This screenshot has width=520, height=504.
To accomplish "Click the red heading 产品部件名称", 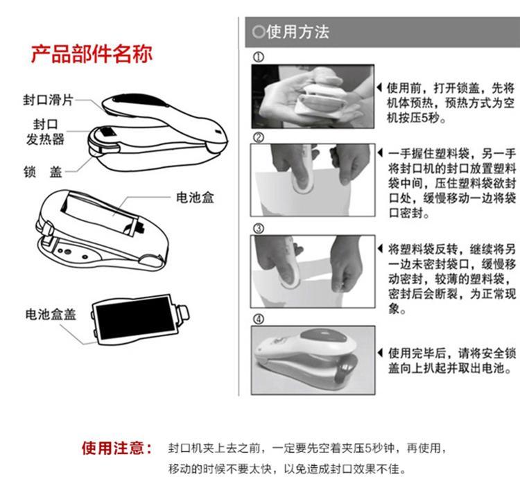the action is point(92,53).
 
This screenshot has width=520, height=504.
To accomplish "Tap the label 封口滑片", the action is point(48,100).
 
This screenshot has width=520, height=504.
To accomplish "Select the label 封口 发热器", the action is point(46,132).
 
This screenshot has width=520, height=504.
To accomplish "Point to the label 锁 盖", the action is point(43,172).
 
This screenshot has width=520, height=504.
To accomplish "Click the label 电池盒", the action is point(195,198).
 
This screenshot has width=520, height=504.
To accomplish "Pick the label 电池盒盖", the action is point(51,314).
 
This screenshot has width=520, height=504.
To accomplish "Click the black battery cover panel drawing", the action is point(135,318).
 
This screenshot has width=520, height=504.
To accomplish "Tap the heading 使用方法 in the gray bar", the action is point(297,32).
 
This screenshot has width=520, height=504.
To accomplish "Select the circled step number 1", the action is point(259,57).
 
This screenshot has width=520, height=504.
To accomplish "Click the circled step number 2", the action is point(259,137).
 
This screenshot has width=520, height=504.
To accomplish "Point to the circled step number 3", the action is point(259,229).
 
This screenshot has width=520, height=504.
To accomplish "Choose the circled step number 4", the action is point(259,320).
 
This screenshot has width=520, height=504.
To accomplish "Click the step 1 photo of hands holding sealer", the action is point(313,96).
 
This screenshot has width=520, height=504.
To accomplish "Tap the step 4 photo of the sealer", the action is point(313,360).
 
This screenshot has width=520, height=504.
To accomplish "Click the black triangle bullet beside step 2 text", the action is point(380,153).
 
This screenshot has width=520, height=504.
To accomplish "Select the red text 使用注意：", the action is point(116,449).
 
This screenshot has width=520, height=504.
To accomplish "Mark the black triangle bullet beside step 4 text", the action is point(380,353).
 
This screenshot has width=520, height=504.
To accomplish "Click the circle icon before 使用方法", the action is point(259,32).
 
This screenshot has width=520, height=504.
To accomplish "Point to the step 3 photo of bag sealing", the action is point(313,272).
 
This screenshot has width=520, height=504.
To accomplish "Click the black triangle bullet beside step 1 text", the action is point(380,88).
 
